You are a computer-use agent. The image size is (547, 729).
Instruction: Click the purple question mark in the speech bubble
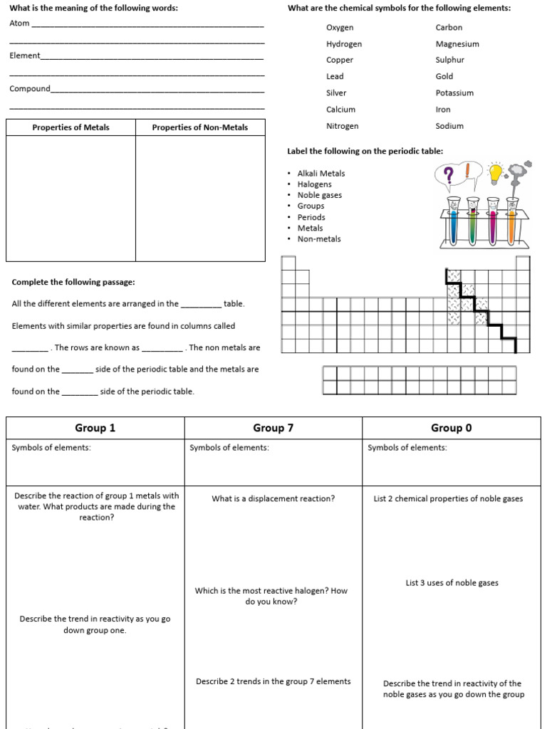pyautogui.click(x=448, y=176)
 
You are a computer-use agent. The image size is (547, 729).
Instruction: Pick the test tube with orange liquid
pyautogui.click(x=511, y=222)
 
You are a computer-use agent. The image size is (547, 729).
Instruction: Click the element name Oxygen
pyautogui.click(x=340, y=28)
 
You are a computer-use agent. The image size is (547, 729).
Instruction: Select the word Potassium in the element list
pyautogui.click(x=454, y=93)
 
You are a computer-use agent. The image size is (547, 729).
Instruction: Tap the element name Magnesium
pyautogui.click(x=457, y=44)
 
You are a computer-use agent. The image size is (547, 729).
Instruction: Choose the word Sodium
pyautogui.click(x=449, y=126)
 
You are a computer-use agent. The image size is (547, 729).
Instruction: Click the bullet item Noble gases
pyautogui.click(x=319, y=195)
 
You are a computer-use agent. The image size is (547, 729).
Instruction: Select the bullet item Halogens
pyautogui.click(x=314, y=184)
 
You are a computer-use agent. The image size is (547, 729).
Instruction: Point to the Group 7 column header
pyautogui.click(x=273, y=428)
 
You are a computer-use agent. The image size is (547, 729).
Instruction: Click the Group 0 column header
pyautogui.click(x=451, y=428)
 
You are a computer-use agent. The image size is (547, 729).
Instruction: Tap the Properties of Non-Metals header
pyautogui.click(x=200, y=127)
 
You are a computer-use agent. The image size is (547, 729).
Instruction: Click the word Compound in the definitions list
pyautogui.click(x=30, y=89)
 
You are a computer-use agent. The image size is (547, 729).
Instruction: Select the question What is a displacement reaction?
pyautogui.click(x=273, y=498)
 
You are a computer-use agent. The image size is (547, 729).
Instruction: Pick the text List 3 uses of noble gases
pyautogui.click(x=452, y=583)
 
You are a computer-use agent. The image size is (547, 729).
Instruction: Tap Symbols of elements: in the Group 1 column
pyautogui.click(x=51, y=448)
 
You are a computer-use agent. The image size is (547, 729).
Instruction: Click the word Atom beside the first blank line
pyautogui.click(x=20, y=23)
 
